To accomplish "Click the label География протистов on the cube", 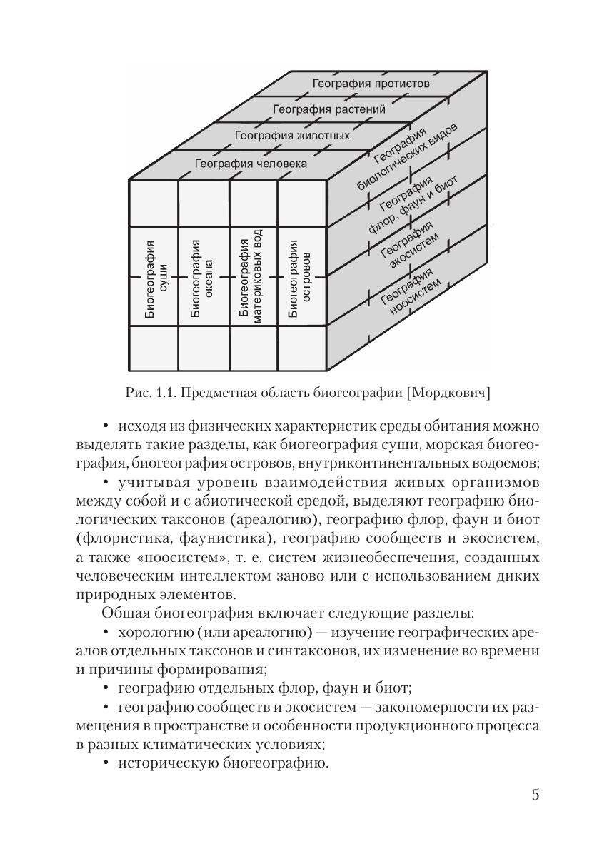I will [x=371, y=84].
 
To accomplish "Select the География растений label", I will [x=329, y=109].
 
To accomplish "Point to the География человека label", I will [x=251, y=164].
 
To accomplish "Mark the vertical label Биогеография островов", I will [x=299, y=277].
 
